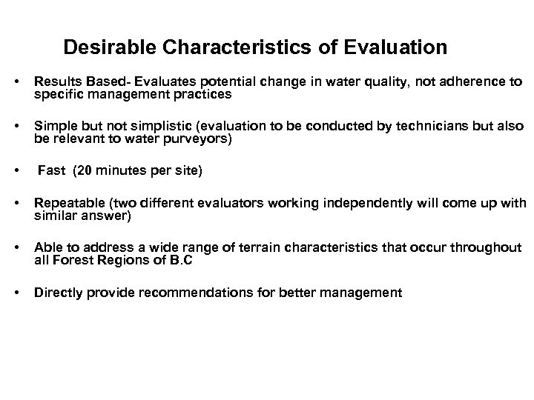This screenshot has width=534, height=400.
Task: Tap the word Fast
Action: (51, 170)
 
